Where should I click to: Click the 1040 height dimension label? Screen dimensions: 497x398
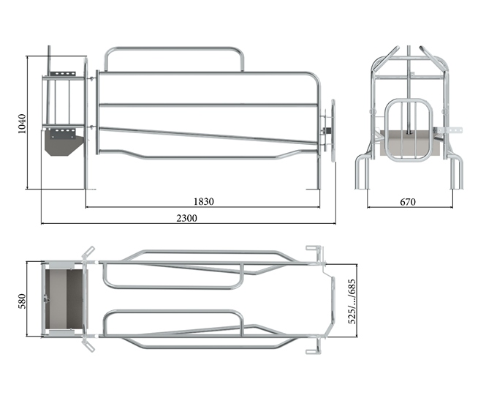tap(22, 124)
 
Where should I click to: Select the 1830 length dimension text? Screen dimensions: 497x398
tap(203, 201)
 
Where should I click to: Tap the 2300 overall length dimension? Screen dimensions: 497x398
tap(186, 218)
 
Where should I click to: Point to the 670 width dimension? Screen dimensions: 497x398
tap(407, 202)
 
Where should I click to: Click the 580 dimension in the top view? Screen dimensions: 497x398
tap(22, 301)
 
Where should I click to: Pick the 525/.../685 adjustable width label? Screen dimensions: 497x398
tap(352, 301)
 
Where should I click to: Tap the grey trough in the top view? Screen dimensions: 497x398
tap(65, 299)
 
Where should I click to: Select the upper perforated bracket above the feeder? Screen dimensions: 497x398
tap(63, 74)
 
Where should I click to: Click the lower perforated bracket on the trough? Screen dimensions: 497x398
tap(63, 134)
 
